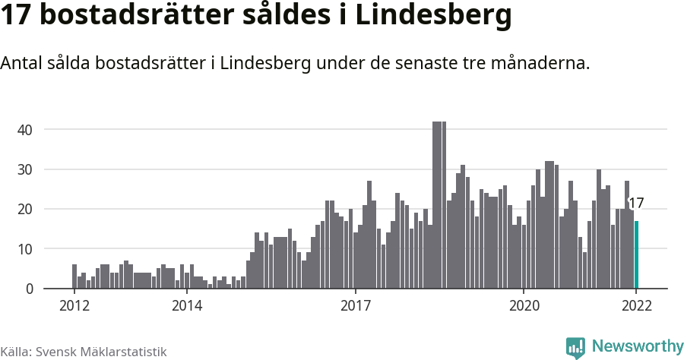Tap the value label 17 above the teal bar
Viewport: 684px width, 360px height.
pyautogui.click(x=636, y=204)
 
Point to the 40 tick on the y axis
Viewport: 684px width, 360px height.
pyautogui.click(x=25, y=130)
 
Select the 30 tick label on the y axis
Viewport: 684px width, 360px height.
pyautogui.click(x=25, y=169)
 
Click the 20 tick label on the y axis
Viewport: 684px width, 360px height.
pyautogui.click(x=25, y=209)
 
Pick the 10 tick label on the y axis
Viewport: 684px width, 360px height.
pyautogui.click(x=25, y=249)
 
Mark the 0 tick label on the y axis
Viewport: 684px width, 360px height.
pyautogui.click(x=29, y=289)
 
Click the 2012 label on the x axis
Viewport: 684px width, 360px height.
pyautogui.click(x=74, y=306)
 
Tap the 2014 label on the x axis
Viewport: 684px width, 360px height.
pyautogui.click(x=187, y=306)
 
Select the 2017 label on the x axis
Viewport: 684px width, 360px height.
pyautogui.click(x=355, y=306)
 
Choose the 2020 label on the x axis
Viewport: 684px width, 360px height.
pyautogui.click(x=524, y=306)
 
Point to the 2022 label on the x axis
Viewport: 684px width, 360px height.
pyautogui.click(x=636, y=306)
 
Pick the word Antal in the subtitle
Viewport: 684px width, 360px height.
pyautogui.click(x=22, y=64)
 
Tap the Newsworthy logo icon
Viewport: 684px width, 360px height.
pyautogui.click(x=575, y=347)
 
